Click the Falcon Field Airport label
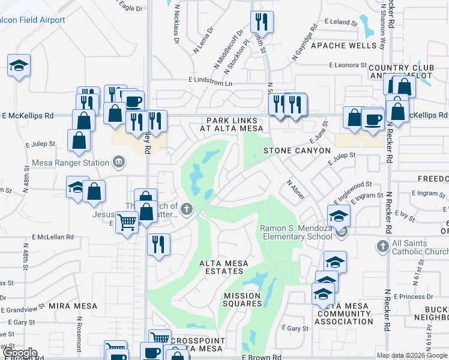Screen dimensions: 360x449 32,20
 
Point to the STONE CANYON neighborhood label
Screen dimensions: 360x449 297,151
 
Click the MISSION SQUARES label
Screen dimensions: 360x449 242,299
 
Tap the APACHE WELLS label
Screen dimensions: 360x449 333,46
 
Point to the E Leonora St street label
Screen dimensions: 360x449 348,65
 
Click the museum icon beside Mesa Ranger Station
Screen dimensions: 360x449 119,162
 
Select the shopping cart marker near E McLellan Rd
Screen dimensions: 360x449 127,223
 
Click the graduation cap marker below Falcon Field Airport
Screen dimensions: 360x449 19,65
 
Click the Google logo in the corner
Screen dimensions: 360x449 20,353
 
